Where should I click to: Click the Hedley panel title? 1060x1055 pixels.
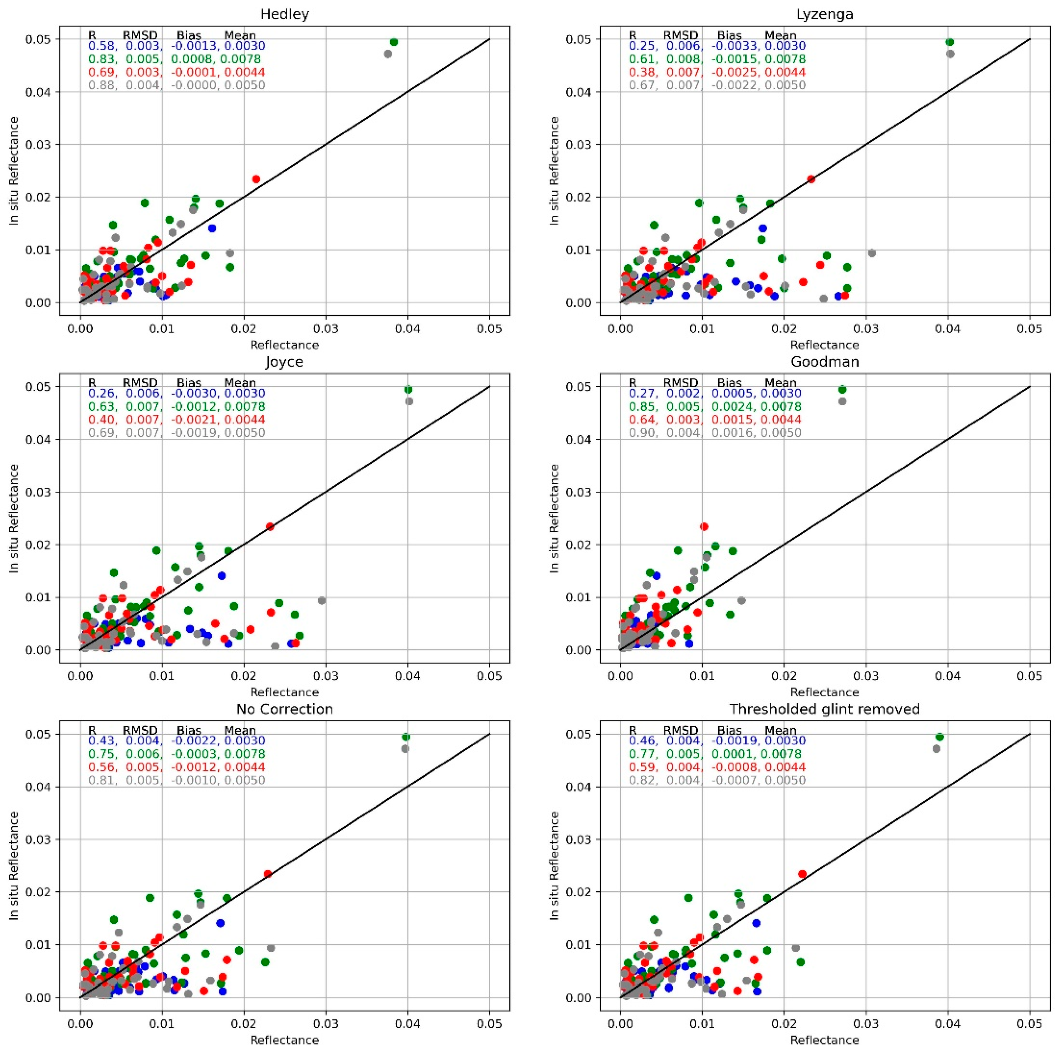[x=284, y=14]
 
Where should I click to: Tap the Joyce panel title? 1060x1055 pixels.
[x=284, y=362]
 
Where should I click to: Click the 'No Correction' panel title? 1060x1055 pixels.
[x=284, y=709]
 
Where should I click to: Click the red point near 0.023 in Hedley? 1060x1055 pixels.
[x=256, y=179]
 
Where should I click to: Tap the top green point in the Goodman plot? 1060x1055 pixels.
[x=842, y=389]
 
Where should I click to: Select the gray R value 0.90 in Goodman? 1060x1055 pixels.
[x=639, y=433]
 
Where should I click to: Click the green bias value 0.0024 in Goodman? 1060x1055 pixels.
[x=729, y=407]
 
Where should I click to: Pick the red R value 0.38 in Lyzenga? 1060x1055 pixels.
[x=639, y=72]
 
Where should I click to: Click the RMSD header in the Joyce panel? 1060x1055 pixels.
[x=140, y=382]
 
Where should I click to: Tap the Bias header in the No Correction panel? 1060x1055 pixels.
[x=189, y=730]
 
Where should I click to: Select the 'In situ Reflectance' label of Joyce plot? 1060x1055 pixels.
[x=14, y=519]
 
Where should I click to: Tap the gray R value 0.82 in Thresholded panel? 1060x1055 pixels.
[x=639, y=780]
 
